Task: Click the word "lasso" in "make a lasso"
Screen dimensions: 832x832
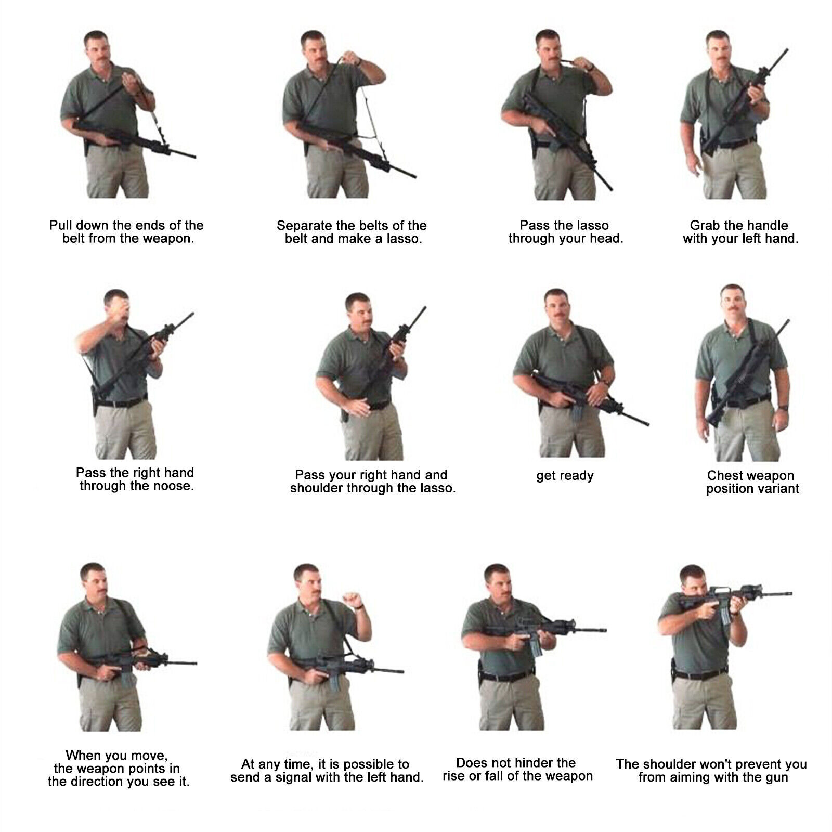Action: (404, 239)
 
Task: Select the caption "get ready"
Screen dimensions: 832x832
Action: (565, 476)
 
